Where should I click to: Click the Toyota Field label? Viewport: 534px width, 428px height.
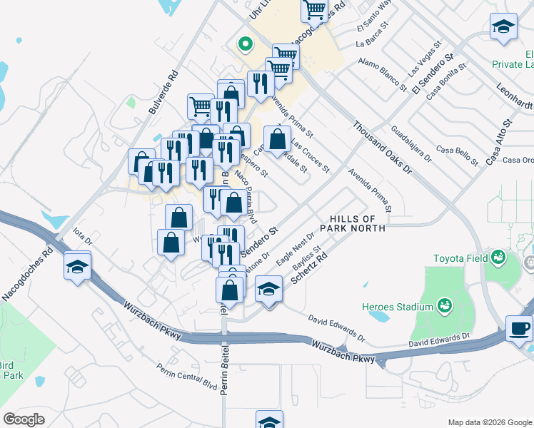click(x=460, y=258)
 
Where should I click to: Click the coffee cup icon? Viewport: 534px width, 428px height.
click(x=520, y=328)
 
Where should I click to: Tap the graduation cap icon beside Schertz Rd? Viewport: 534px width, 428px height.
click(x=268, y=290)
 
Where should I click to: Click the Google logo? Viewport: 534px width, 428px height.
click(x=24, y=419)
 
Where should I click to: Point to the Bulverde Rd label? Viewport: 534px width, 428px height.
click(x=163, y=92)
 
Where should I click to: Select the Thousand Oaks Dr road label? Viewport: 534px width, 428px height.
click(x=382, y=148)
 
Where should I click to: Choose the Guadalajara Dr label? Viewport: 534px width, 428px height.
click(x=412, y=144)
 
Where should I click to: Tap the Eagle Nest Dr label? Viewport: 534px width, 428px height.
click(x=295, y=249)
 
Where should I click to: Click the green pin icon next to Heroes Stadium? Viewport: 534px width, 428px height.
click(x=445, y=305)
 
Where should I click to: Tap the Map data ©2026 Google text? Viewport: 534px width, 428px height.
click(x=489, y=422)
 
